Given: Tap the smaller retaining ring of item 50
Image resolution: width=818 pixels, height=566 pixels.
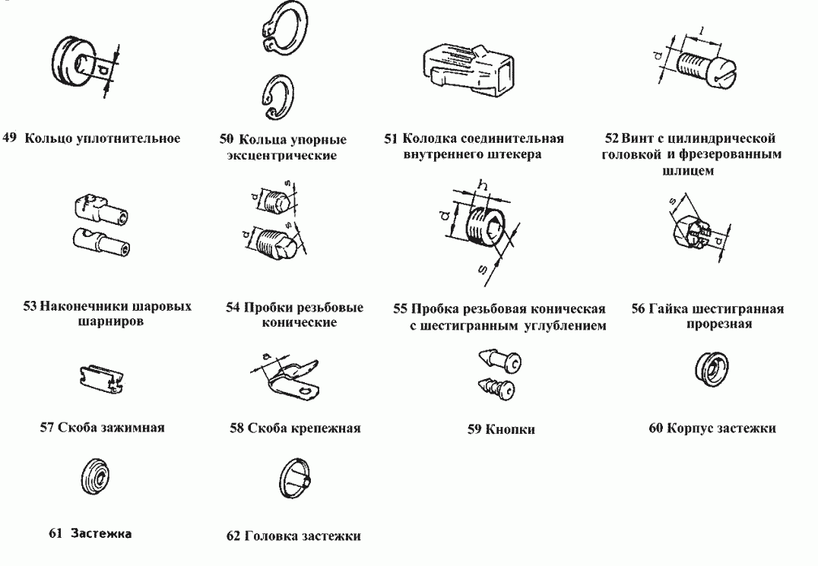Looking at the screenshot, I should pyautogui.click(x=274, y=96).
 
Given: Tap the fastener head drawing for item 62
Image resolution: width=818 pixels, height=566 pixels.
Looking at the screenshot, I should pyautogui.click(x=293, y=479).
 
